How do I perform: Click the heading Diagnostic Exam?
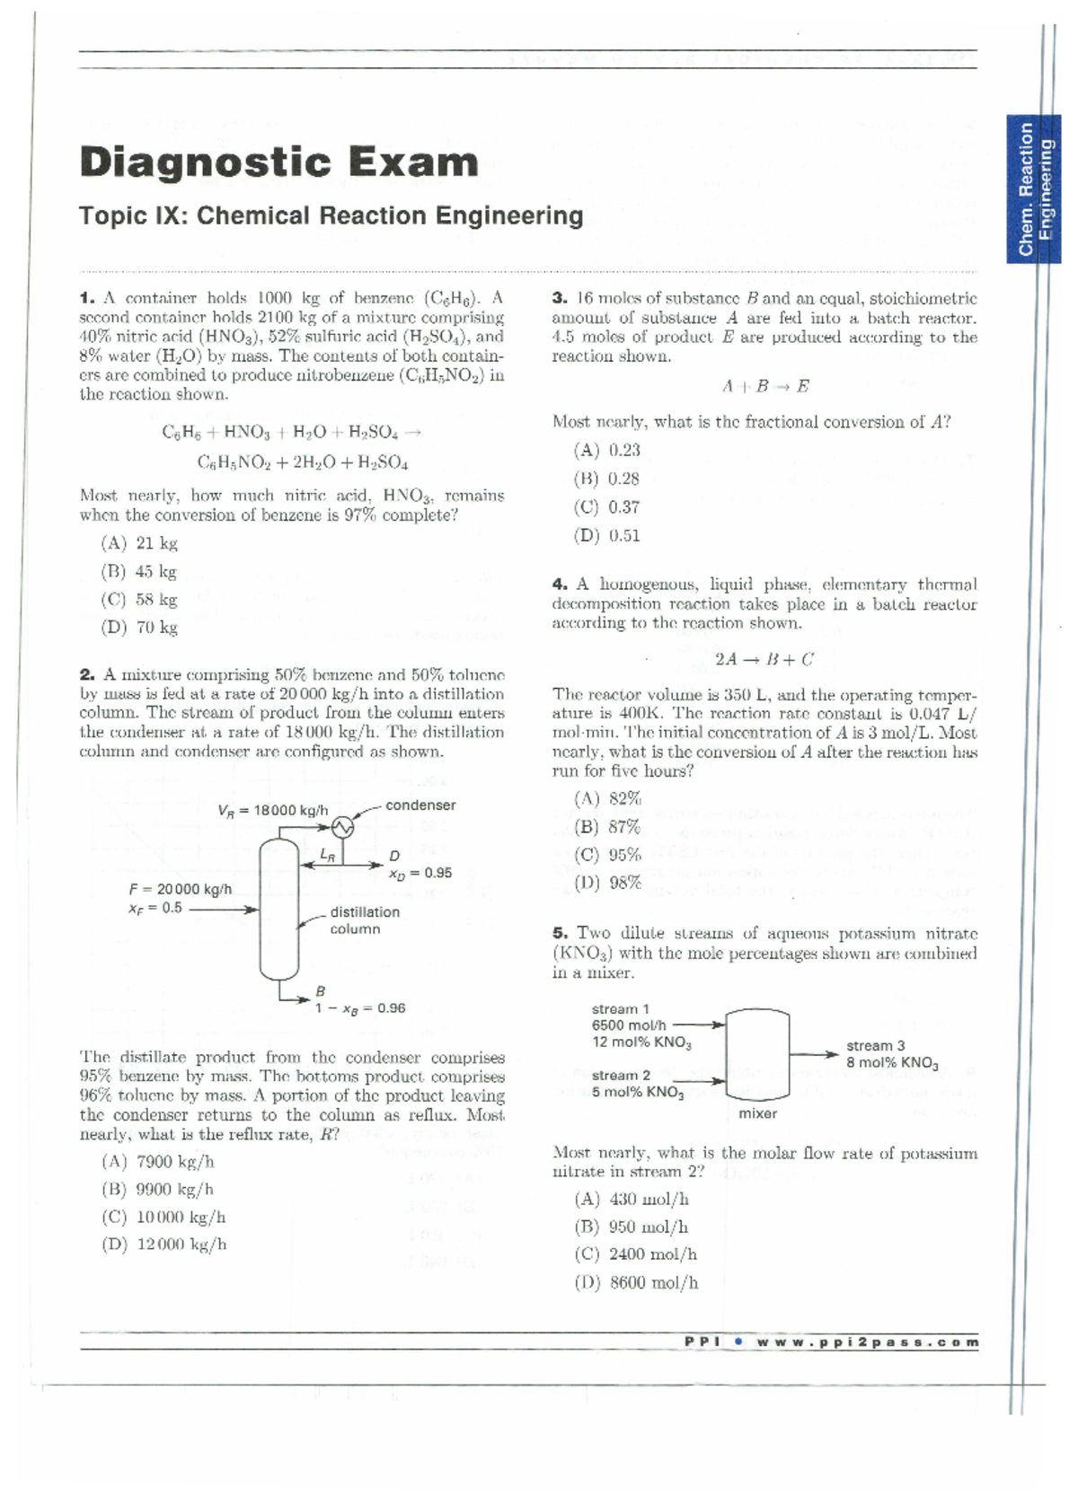click(278, 163)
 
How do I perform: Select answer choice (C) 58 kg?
click(139, 599)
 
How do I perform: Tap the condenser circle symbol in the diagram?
click(341, 826)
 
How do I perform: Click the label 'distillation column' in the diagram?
click(364, 920)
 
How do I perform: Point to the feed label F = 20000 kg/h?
click(181, 889)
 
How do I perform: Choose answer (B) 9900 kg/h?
click(158, 1189)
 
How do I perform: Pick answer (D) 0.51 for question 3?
click(607, 535)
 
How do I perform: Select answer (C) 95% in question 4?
click(607, 855)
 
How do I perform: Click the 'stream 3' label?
click(875, 1045)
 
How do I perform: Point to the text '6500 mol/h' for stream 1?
click(629, 1025)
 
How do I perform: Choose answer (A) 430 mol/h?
click(631, 1199)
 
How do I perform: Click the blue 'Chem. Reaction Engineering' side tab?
click(1033, 189)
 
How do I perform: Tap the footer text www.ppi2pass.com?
click(867, 1342)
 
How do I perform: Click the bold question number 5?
click(560, 934)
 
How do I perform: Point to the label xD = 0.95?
click(420, 873)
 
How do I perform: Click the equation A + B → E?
click(764, 386)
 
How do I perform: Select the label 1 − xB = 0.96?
click(359, 1008)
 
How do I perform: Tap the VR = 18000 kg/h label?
click(272, 810)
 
